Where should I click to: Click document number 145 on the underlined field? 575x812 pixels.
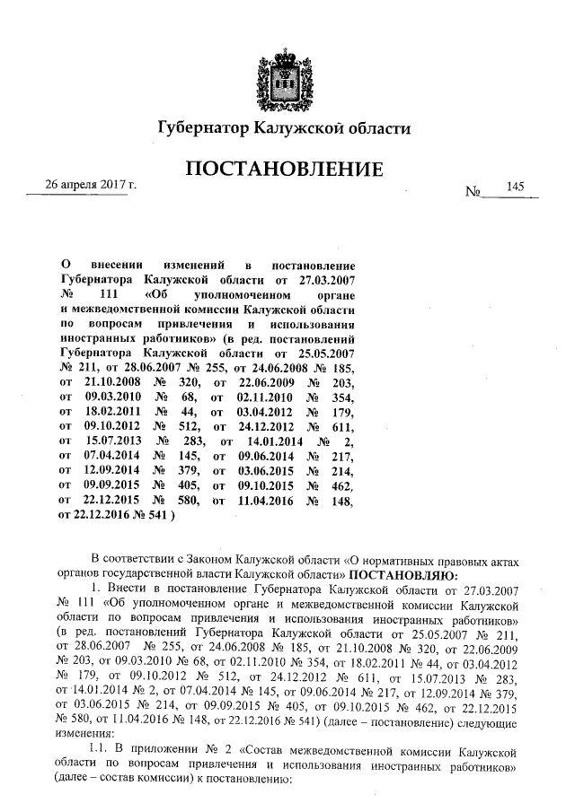click(515, 186)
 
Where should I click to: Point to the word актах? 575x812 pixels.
click(502, 556)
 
